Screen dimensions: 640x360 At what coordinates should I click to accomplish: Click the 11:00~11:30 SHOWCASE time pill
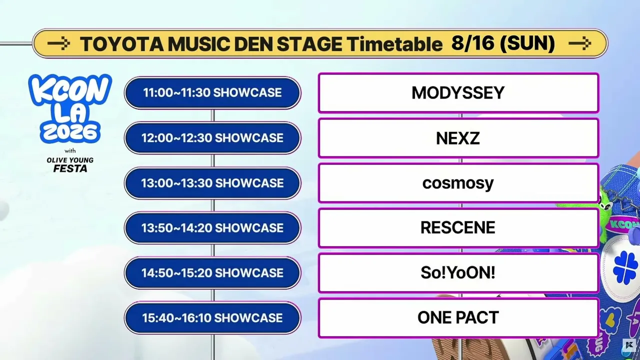tap(212, 93)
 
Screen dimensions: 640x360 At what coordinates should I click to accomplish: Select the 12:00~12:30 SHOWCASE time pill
tap(212, 138)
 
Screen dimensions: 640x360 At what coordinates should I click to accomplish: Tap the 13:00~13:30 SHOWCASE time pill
tap(212, 183)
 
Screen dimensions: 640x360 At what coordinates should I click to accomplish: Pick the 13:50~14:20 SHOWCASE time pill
tap(212, 228)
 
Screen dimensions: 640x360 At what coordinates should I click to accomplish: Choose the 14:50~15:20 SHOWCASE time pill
tap(212, 273)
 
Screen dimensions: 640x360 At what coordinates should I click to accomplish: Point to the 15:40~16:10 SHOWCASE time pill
tap(212, 317)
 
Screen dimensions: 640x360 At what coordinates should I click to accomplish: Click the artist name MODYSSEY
tap(458, 93)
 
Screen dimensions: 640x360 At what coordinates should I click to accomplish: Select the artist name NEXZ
tap(458, 138)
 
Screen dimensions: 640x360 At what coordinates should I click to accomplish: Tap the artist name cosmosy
tap(458, 183)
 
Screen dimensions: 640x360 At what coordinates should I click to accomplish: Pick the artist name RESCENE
tap(458, 227)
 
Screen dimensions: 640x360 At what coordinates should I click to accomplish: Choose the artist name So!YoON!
tap(458, 272)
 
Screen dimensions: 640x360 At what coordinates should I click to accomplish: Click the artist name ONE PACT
tap(458, 317)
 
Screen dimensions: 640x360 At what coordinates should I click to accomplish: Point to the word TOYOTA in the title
tap(122, 44)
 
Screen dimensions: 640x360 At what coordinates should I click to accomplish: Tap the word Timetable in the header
tap(395, 44)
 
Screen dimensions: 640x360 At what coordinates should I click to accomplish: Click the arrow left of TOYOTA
tap(58, 43)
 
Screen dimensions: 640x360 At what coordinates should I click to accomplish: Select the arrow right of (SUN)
tap(579, 43)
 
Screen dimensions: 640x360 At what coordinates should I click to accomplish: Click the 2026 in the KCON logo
tap(70, 132)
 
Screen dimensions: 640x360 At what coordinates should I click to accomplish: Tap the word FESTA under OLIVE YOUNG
tap(70, 168)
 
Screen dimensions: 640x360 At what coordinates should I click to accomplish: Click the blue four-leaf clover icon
tap(625, 267)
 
